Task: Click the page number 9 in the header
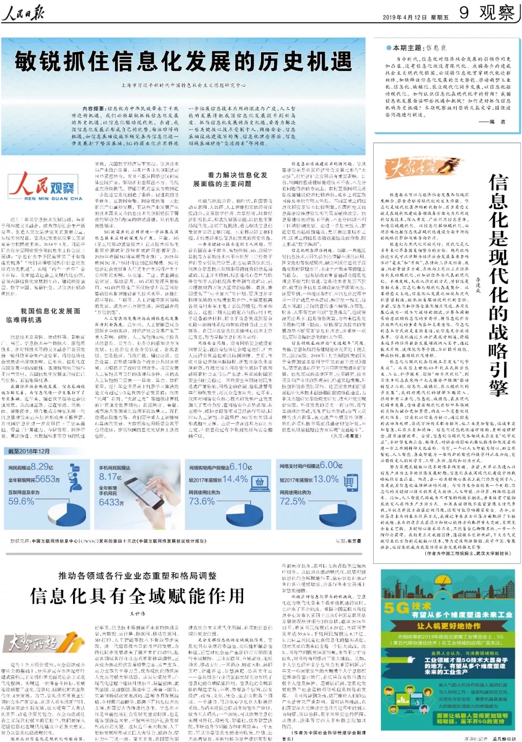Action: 464,12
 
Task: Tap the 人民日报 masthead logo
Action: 23,13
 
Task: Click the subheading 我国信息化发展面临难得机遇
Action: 43,315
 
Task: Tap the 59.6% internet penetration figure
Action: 21,501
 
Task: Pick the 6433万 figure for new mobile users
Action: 112,503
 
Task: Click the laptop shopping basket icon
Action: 260,482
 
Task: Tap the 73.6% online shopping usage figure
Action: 202,501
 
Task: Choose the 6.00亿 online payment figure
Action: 331,465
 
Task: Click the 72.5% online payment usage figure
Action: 292,501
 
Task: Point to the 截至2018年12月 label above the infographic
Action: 29,451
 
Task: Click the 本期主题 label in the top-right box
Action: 407,48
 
